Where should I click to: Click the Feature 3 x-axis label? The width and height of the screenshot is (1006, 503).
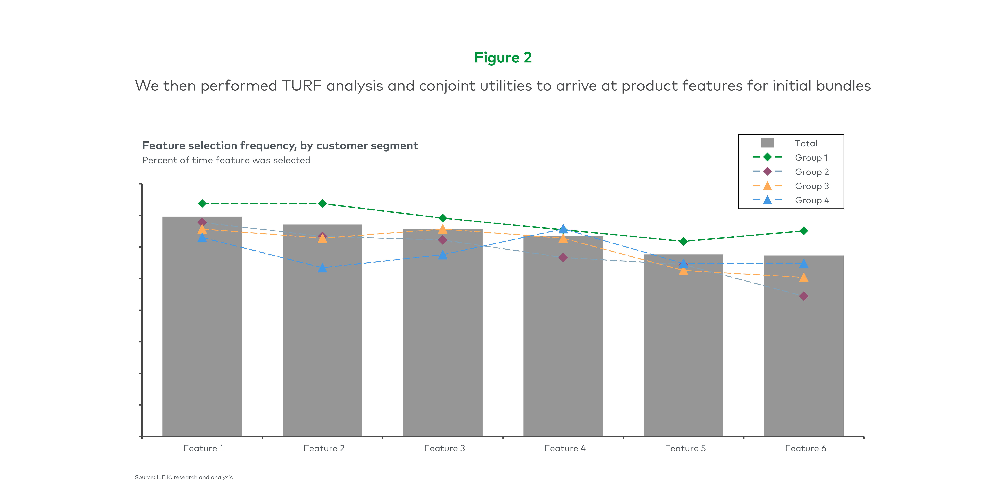coord(444,448)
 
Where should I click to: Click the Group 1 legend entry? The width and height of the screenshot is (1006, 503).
coord(790,157)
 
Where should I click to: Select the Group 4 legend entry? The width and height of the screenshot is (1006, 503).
coord(790,200)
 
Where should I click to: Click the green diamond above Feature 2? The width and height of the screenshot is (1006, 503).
coord(322,204)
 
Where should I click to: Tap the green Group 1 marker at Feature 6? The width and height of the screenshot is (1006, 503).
coord(804,231)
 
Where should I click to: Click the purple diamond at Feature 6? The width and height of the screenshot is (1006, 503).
coord(804,296)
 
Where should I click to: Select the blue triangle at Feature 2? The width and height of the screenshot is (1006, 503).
coord(322,268)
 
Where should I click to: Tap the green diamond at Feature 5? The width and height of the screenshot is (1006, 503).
coord(683,241)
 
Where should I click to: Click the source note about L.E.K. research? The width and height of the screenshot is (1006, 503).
coord(183,477)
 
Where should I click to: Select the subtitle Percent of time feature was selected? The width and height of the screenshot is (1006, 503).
coord(226,160)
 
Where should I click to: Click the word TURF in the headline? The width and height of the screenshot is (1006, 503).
coord(301,86)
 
